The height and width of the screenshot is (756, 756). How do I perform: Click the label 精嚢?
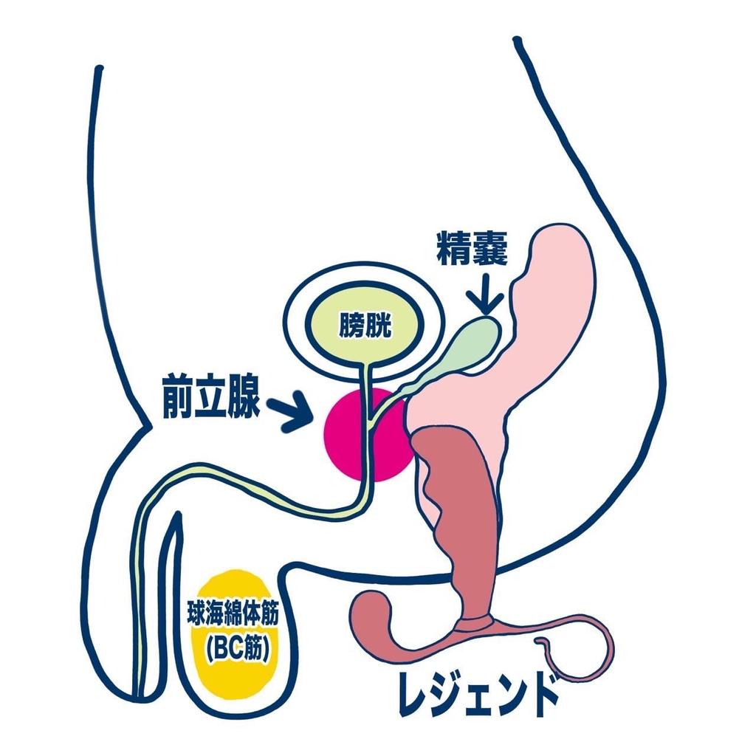coord(472,250)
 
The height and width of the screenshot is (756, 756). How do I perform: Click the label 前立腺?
coord(210,399)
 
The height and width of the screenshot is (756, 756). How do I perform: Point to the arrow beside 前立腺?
coord(289,410)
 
